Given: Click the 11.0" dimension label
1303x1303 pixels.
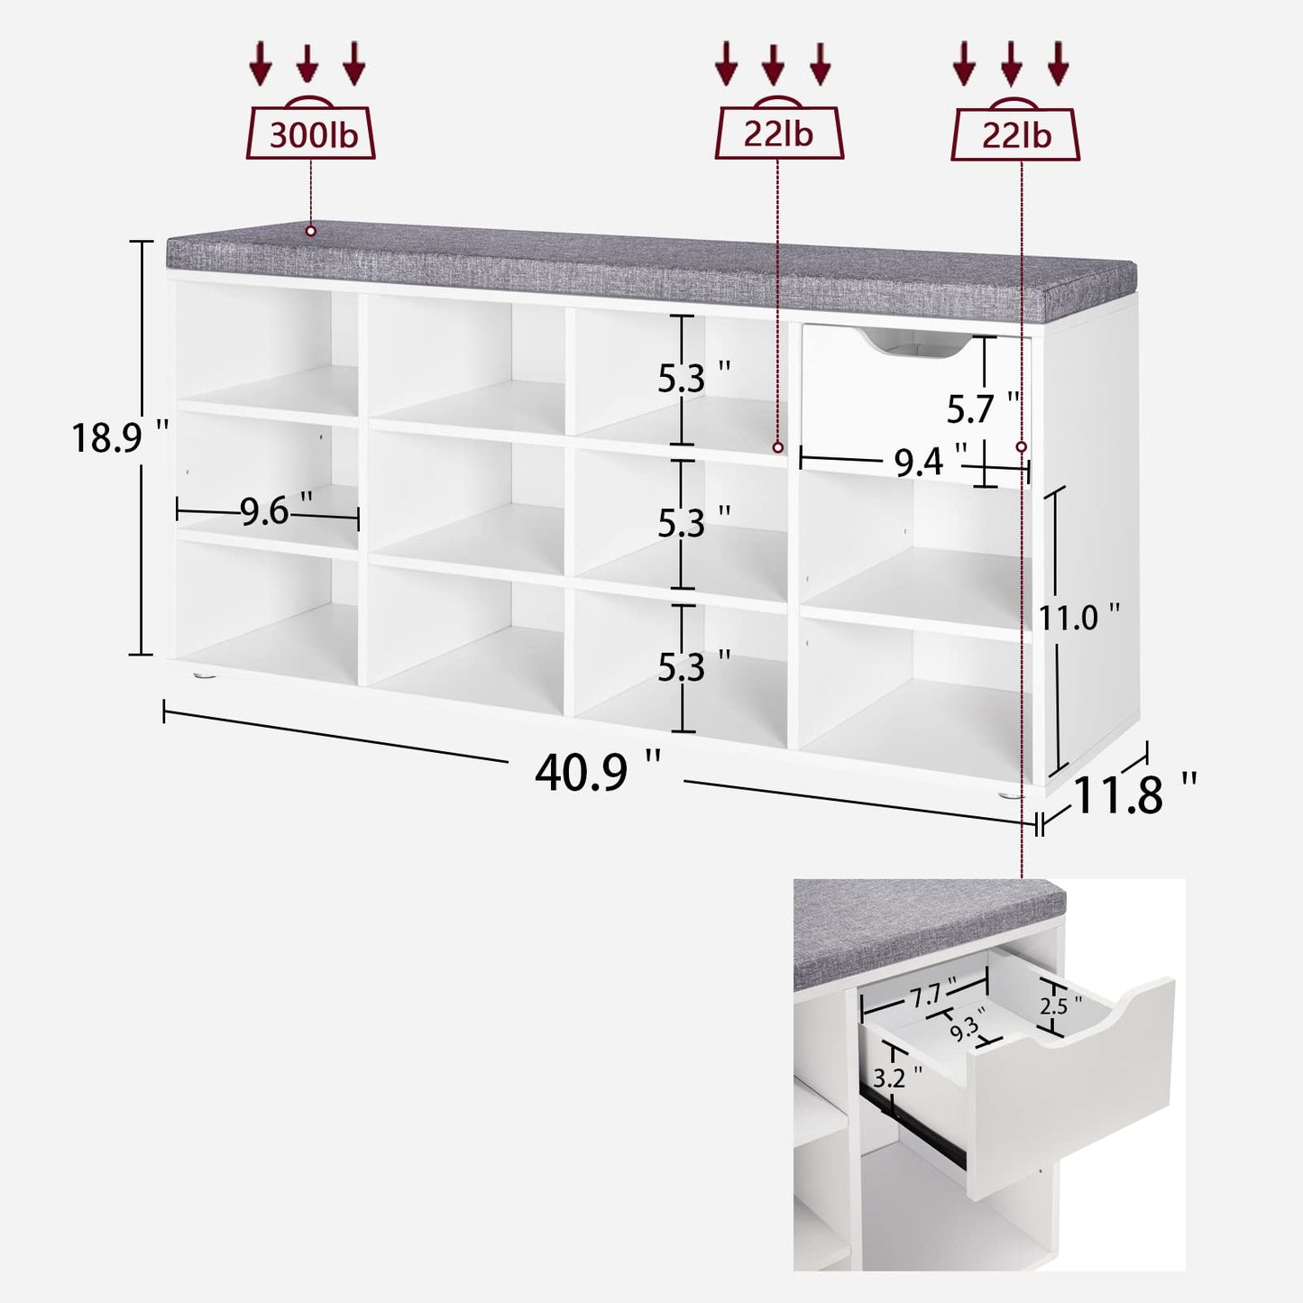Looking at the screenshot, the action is click(1079, 617).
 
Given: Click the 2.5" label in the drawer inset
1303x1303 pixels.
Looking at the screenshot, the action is click(1061, 1005).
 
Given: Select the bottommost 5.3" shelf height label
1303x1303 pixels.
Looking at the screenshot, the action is click(694, 666).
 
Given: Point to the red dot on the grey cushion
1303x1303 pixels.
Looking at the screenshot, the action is click(310, 231).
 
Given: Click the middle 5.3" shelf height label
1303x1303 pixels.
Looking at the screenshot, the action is click(694, 523).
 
